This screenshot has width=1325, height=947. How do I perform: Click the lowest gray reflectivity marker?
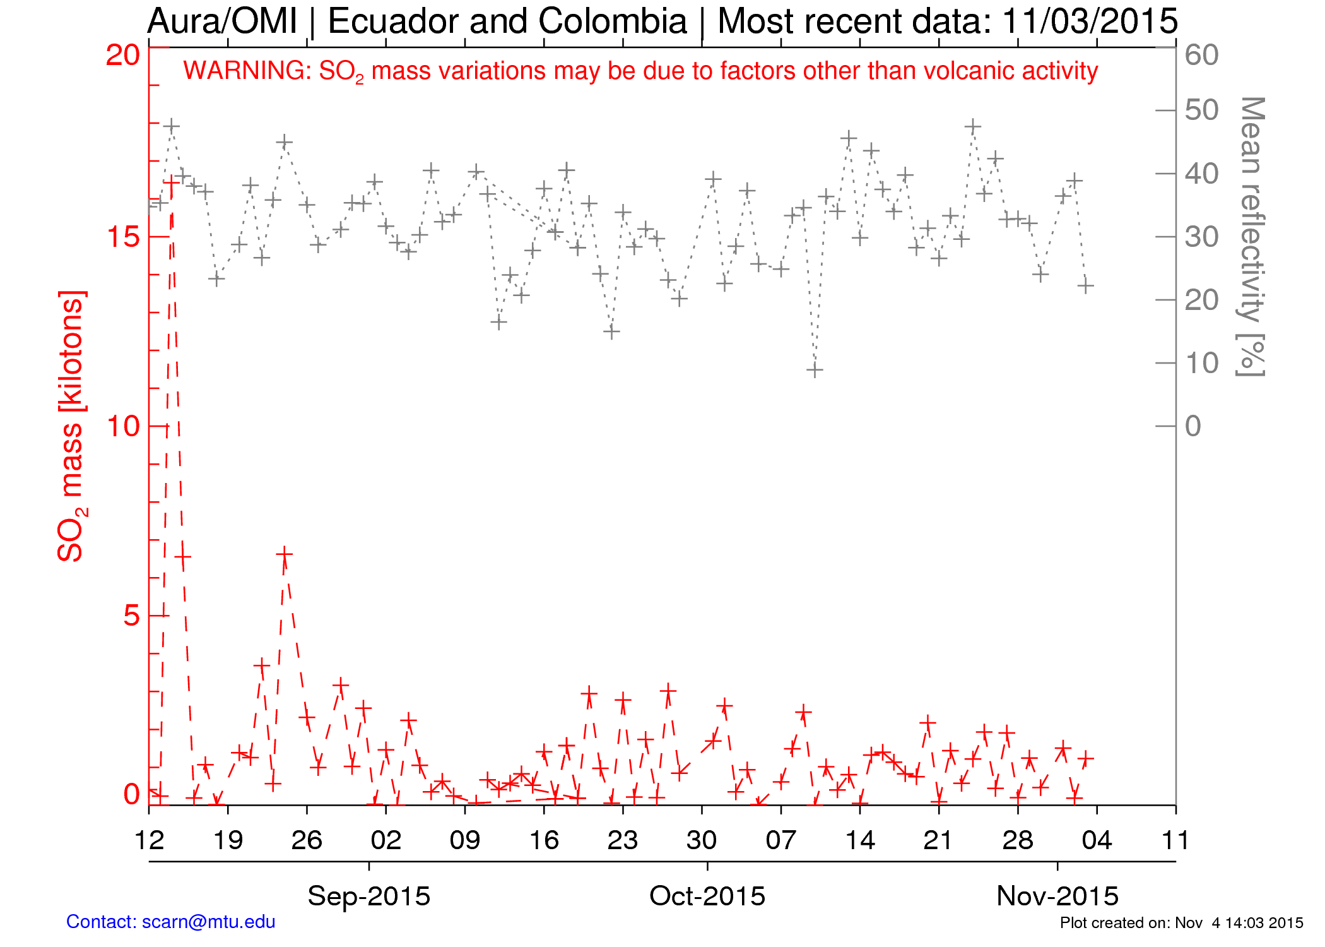[815, 370]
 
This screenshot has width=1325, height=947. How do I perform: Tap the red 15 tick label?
[122, 237]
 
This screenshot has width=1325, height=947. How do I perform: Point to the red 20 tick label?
[122, 56]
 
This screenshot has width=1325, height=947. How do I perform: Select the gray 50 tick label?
[1201, 110]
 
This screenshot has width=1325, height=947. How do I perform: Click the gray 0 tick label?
[1192, 426]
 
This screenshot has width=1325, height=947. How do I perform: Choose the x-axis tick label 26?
[307, 840]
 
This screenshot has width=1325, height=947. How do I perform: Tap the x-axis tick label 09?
[465, 840]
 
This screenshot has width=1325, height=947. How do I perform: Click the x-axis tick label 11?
[1175, 840]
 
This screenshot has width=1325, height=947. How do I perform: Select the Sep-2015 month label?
[368, 896]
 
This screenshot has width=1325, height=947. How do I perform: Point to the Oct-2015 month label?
[707, 896]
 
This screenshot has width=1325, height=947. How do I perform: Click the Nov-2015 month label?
[1057, 896]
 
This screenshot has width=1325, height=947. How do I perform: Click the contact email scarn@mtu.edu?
[208, 922]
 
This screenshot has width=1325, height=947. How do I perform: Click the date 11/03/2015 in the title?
[1090, 21]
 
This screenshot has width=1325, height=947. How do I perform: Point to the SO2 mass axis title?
[71, 426]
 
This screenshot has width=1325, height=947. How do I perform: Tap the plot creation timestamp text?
[1181, 923]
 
